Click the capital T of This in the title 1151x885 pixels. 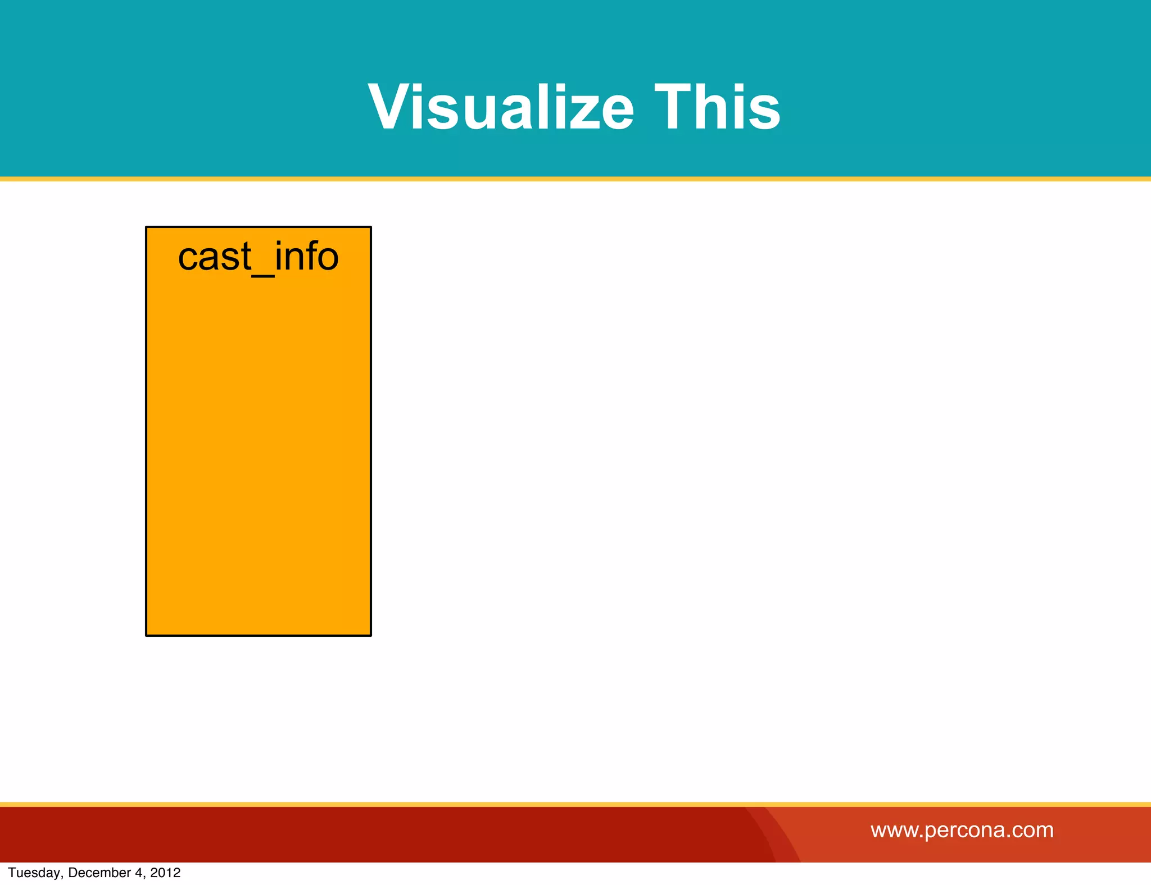tap(673, 107)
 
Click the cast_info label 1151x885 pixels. tap(259, 257)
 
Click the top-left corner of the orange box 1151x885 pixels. tap(147, 227)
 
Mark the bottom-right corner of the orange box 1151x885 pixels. tap(370, 635)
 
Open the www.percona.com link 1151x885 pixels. tap(962, 830)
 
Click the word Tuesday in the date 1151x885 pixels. tap(34, 873)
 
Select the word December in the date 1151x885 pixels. tap(99, 873)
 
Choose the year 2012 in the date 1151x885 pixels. tap(165, 873)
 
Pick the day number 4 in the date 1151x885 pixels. tap(138, 873)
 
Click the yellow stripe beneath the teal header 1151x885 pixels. tap(575, 179)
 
